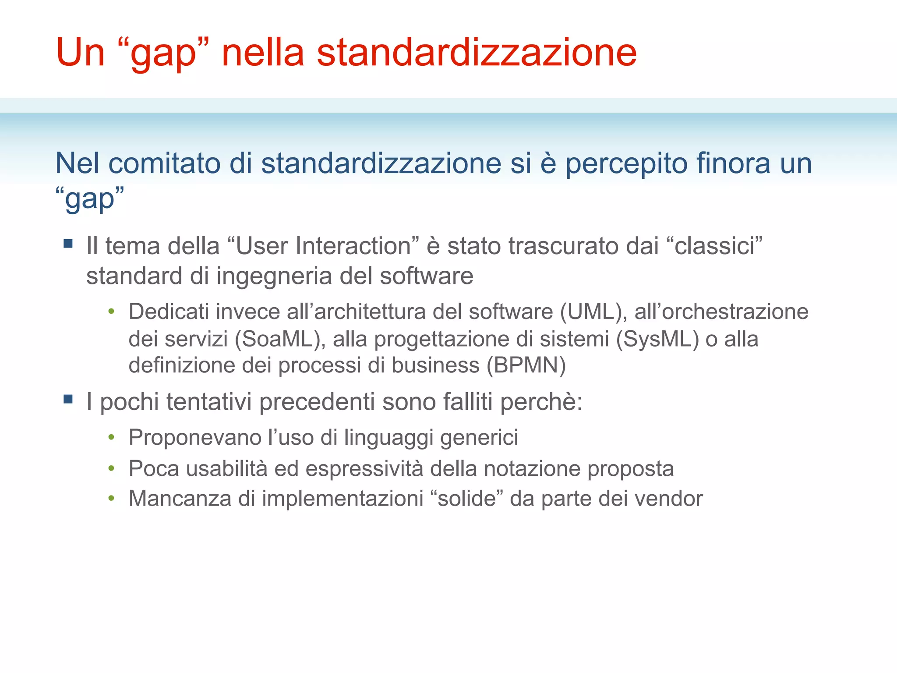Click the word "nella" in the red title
click(x=263, y=53)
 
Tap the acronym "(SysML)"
click(x=657, y=339)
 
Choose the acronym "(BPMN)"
click(x=526, y=365)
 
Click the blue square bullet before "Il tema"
click(x=68, y=243)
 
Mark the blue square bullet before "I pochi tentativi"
click(x=68, y=399)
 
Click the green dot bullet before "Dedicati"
click(x=112, y=312)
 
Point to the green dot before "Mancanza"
click(x=112, y=498)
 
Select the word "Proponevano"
click(x=195, y=437)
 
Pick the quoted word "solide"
click(x=467, y=498)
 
